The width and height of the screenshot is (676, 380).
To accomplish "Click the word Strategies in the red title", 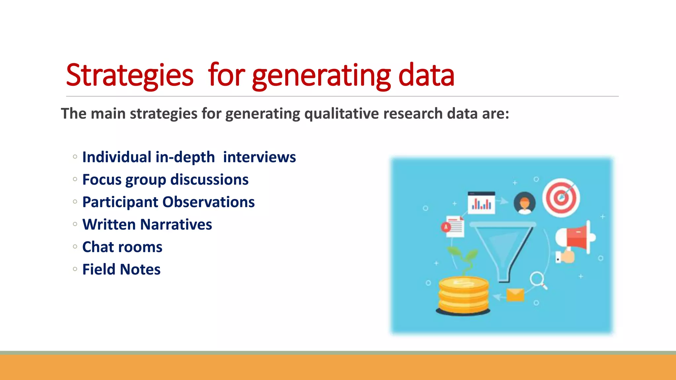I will point(129,75).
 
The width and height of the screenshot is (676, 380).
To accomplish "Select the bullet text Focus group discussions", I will point(165,180).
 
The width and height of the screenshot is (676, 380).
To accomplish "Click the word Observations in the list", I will point(208,202).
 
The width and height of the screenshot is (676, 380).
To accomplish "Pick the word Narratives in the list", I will point(176,225).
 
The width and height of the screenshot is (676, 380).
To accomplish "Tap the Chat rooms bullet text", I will point(122,247).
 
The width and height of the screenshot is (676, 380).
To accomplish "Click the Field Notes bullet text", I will point(121,269).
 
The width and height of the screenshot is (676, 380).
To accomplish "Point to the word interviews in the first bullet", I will point(259,157).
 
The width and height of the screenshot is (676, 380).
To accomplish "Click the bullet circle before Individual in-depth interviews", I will point(75,157).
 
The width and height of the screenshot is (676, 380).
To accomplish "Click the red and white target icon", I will point(561,198).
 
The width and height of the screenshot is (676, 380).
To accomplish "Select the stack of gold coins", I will point(463,295).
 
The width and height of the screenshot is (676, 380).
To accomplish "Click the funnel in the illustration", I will point(503,247).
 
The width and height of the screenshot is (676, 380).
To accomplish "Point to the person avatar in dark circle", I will point(524,203).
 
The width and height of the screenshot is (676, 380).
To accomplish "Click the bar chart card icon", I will point(481,203).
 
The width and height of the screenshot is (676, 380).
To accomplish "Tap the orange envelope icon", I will point(515,295).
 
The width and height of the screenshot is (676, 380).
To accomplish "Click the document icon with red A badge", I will point(454,227).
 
